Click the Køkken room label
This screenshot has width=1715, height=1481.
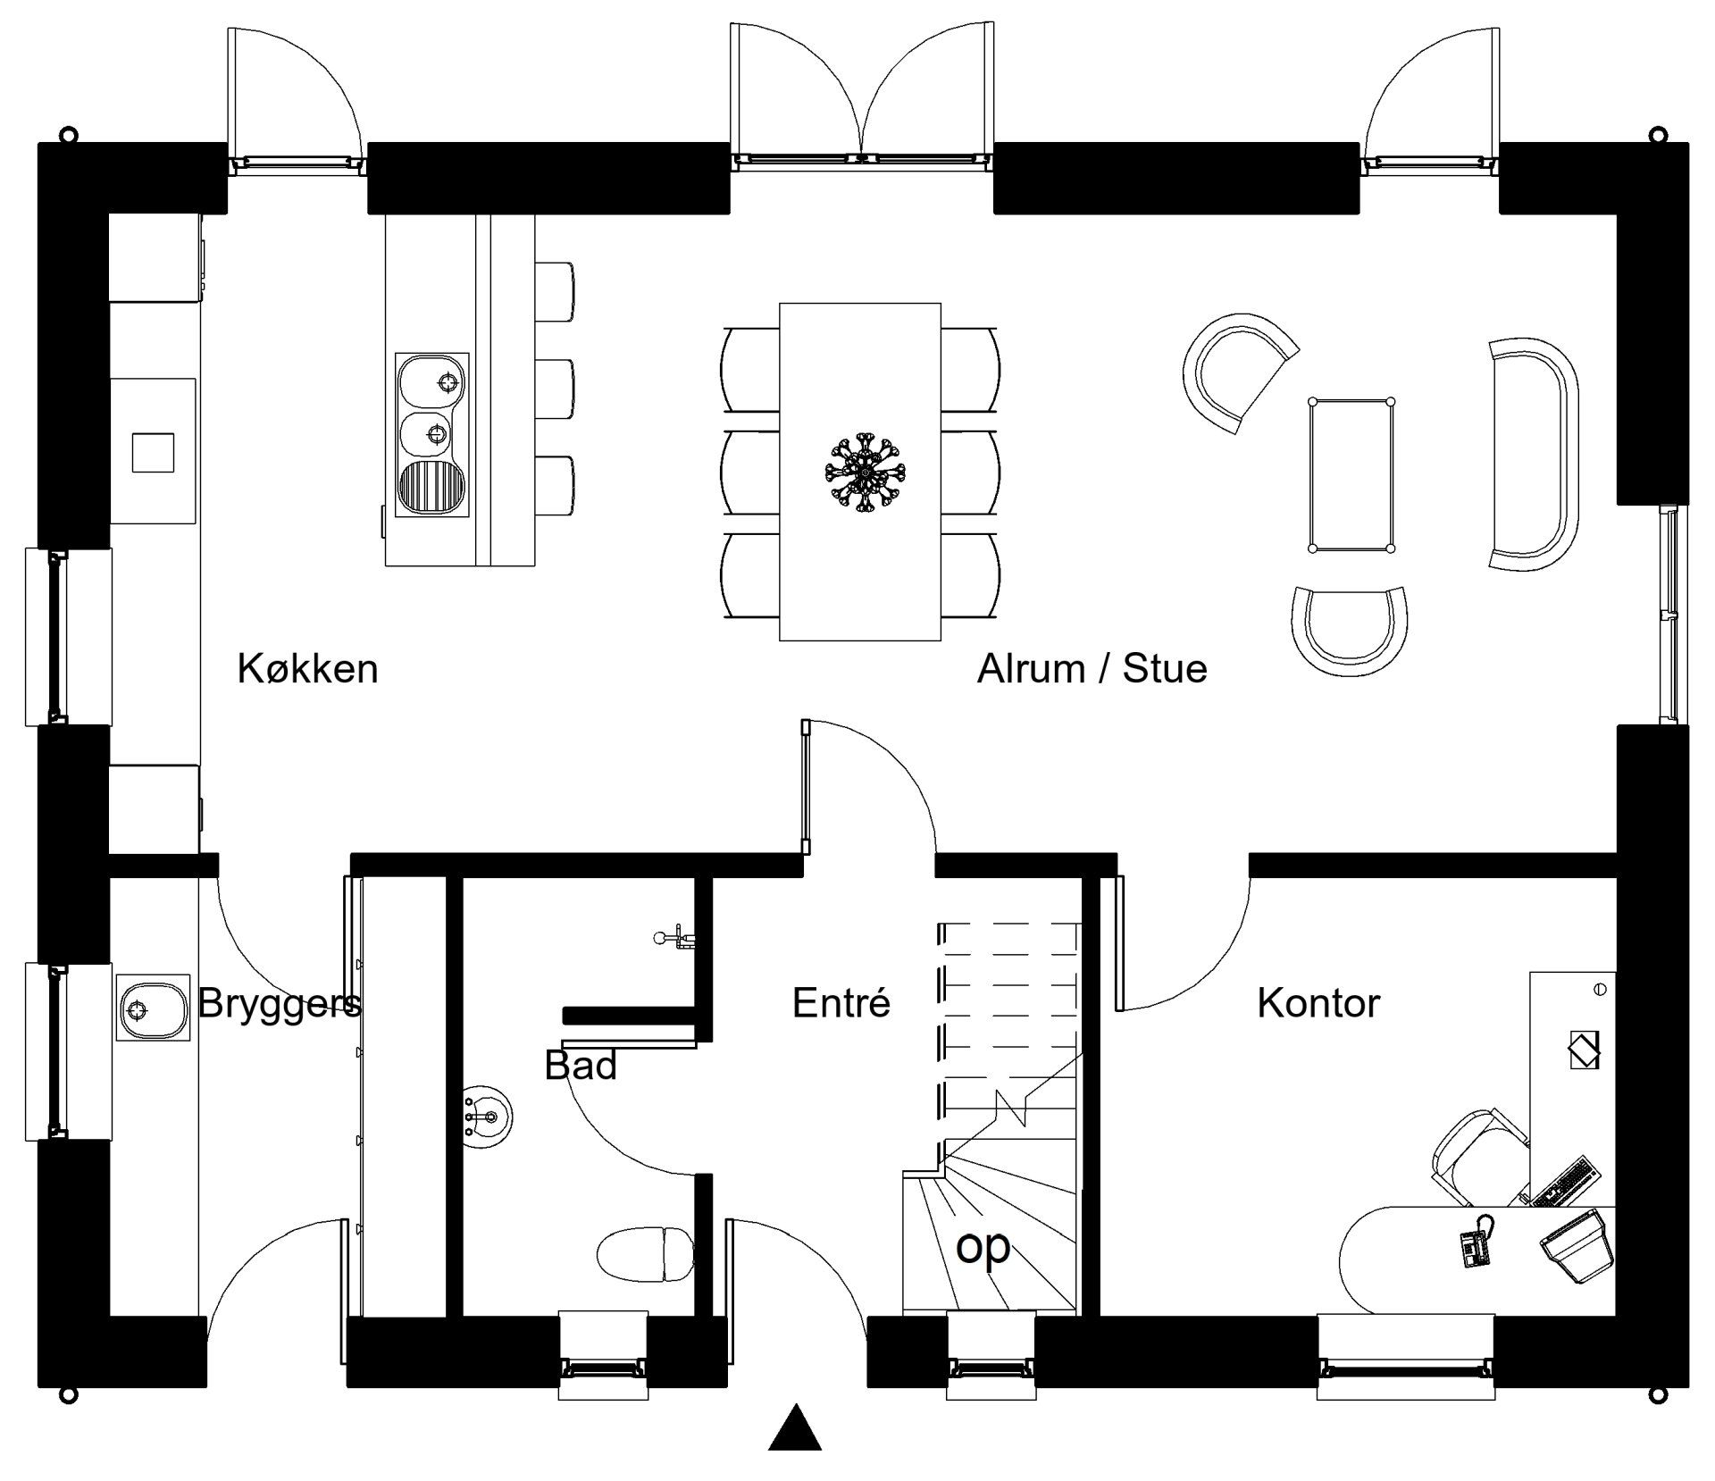coord(307,669)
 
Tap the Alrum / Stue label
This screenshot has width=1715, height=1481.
coord(1092,669)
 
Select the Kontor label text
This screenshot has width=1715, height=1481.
coord(1318,1003)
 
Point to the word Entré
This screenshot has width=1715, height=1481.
coord(841,1002)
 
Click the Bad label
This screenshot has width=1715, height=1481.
coord(581,1065)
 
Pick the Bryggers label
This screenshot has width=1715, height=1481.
coord(280,1004)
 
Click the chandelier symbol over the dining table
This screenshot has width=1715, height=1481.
coord(863,473)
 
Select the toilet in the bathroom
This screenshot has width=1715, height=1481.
coord(645,1253)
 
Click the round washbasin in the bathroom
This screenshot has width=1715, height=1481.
coord(487,1117)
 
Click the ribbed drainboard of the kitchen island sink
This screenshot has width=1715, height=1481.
coord(432,486)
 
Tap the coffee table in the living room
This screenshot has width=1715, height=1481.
coord(1351,475)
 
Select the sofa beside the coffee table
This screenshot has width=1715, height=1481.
coord(1533,455)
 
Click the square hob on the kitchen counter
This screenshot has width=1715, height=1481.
coord(153,453)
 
